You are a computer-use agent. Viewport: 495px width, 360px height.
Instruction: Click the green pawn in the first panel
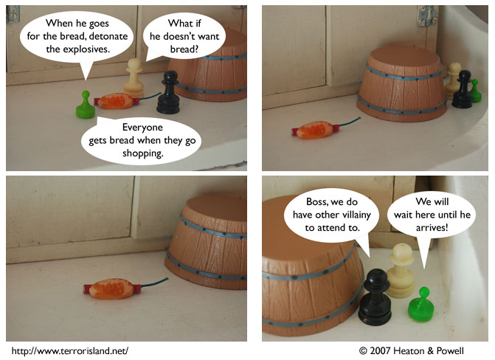point(86,105)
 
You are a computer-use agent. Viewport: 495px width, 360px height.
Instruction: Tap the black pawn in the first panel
point(169,92)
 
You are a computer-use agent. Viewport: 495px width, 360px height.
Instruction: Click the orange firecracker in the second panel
point(316,130)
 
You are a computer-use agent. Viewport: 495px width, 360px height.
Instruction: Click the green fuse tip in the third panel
point(167,279)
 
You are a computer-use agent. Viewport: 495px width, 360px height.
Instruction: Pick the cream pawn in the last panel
point(401,271)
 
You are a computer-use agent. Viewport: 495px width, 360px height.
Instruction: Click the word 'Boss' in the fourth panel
point(316,201)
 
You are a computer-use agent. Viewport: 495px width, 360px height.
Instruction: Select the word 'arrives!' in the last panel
point(432,227)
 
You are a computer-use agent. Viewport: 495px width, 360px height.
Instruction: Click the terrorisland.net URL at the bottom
point(70,351)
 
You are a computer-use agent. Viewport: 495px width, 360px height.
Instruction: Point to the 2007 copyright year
point(380,351)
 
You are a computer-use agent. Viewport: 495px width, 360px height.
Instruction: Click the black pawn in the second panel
point(462,89)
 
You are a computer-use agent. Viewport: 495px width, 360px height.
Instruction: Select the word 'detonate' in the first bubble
point(108,36)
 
